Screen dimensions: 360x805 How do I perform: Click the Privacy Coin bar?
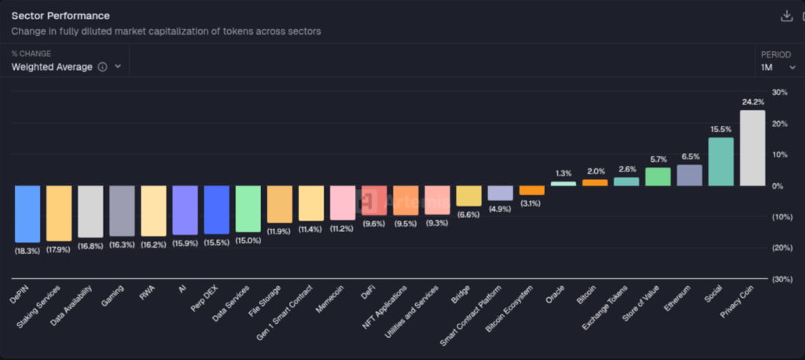coord(752,148)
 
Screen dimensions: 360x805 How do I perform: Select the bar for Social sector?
coord(721,162)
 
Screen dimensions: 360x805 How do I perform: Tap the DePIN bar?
coord(28,214)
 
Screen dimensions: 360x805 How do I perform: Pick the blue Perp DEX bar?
coord(216,210)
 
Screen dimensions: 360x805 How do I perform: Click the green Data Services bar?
coord(248,209)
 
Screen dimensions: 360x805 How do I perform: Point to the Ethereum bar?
coord(689,175)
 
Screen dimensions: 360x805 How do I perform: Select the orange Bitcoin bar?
coord(595,182)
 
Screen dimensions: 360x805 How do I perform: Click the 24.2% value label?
coord(752,102)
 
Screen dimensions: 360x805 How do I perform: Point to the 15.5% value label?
coord(721,130)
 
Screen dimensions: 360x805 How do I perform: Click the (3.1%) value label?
coord(531,204)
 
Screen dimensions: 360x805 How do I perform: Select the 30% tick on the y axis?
coord(780,93)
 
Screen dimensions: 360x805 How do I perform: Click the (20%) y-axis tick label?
coord(781,248)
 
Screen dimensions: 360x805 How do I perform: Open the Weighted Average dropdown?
coord(66,67)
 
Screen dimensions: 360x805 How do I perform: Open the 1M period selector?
coord(777,68)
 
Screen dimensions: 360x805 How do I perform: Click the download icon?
coord(785,16)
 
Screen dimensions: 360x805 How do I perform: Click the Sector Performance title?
coord(61,16)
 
